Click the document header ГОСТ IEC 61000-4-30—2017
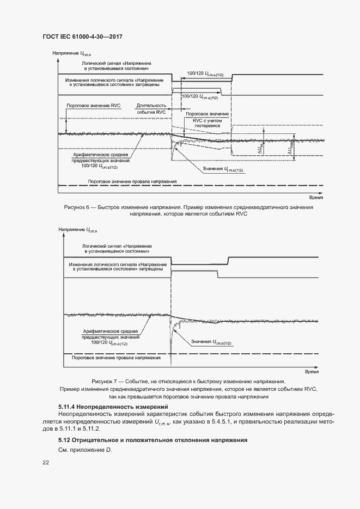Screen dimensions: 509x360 (82, 36)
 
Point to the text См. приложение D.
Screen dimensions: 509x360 (84, 450)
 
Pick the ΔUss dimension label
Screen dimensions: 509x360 (261, 148)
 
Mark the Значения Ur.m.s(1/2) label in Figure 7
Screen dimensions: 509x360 (211, 342)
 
